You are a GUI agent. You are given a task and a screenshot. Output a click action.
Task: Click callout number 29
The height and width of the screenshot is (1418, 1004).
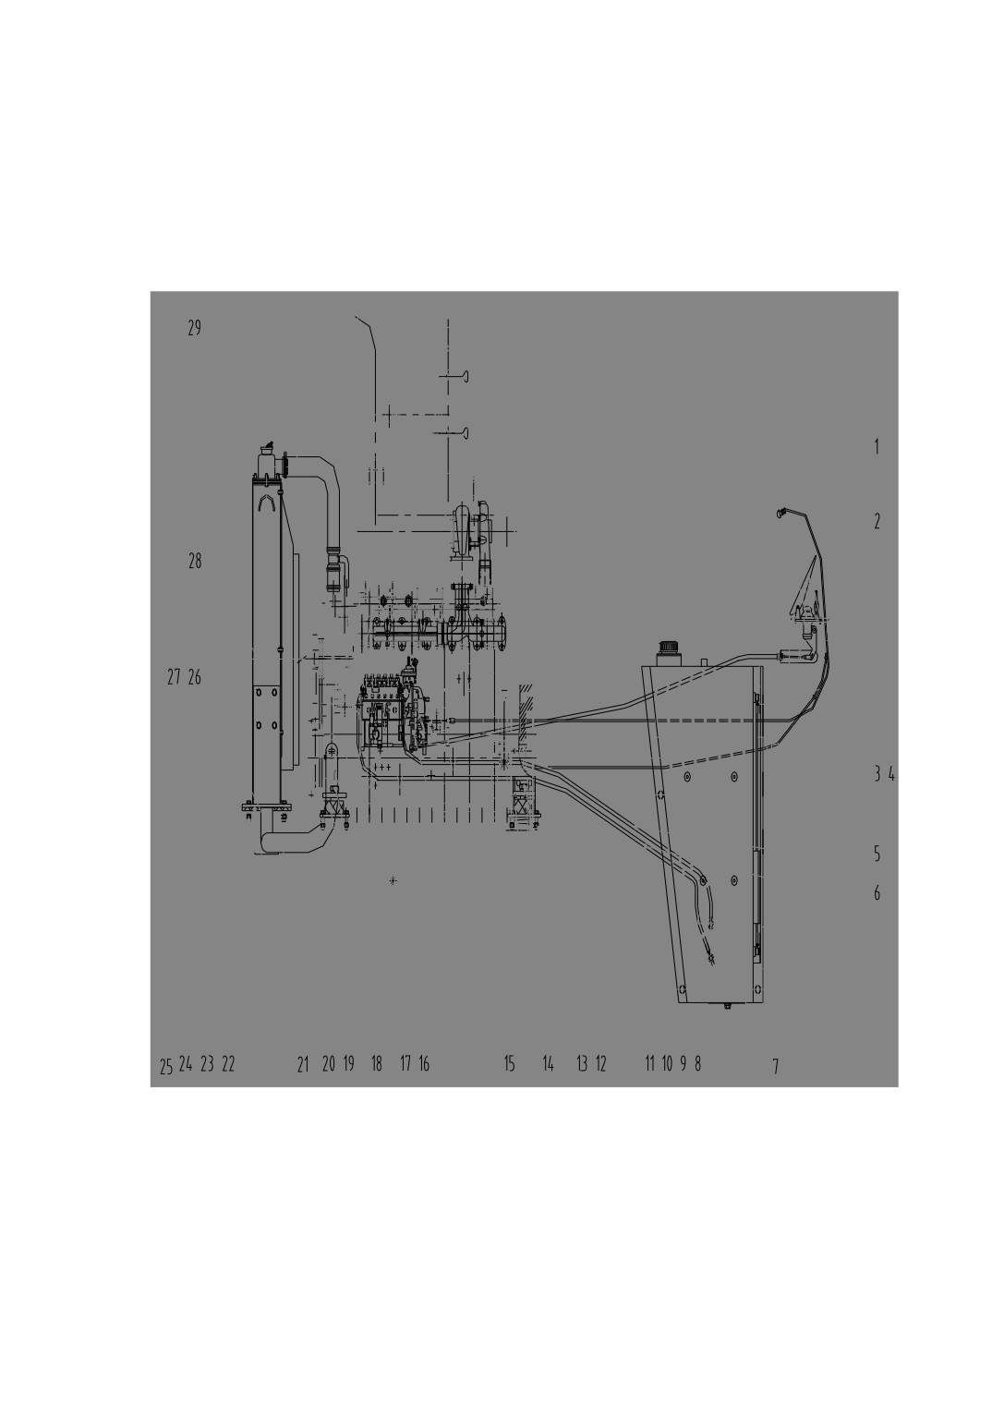(x=194, y=328)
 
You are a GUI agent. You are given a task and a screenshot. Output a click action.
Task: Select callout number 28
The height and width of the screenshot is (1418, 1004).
(x=195, y=561)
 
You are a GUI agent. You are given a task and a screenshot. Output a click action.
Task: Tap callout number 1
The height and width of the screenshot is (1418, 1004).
(x=877, y=447)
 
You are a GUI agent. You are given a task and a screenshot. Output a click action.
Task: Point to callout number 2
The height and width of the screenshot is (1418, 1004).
(x=877, y=522)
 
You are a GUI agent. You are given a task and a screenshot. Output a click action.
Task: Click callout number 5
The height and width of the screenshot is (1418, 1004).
(x=877, y=854)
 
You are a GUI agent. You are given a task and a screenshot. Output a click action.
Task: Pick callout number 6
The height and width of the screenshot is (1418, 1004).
(x=877, y=893)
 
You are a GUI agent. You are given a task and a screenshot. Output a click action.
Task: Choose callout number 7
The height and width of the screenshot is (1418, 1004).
(x=776, y=1067)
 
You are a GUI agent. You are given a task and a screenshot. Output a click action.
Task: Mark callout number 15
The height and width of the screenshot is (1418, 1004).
(x=510, y=1063)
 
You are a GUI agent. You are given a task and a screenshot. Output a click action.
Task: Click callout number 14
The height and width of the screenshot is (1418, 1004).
(x=549, y=1063)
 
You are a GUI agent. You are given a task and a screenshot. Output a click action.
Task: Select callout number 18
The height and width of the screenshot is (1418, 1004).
(x=377, y=1063)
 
